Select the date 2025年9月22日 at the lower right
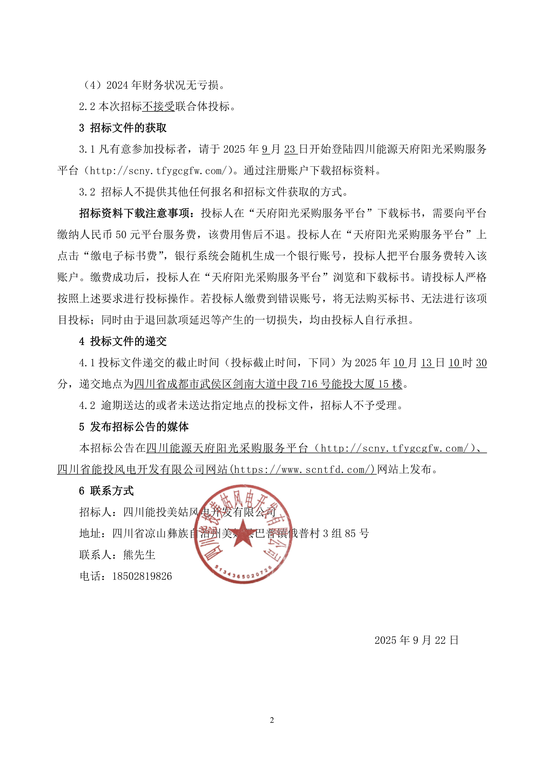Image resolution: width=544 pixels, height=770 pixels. coord(416,640)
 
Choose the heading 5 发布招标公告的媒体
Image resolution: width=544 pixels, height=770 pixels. coord(134,427)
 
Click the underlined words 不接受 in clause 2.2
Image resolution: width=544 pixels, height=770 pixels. coord(158,107)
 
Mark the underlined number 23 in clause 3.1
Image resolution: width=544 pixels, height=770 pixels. coord(290,149)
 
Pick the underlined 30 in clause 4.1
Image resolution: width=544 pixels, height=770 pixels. coord(481,363)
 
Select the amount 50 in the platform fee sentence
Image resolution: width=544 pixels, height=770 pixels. coord(121,235)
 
